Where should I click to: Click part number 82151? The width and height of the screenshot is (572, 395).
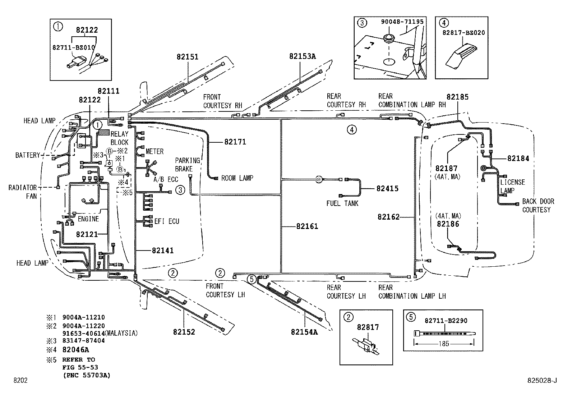click(x=187, y=57)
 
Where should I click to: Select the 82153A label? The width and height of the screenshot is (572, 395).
click(x=302, y=56)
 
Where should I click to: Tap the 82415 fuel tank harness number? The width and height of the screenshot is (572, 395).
click(x=387, y=188)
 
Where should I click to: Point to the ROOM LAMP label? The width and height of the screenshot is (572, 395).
click(x=237, y=178)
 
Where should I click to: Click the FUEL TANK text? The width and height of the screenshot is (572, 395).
click(x=342, y=203)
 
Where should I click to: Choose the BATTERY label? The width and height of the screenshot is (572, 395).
click(x=28, y=155)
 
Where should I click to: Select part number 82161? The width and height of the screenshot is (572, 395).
click(x=307, y=226)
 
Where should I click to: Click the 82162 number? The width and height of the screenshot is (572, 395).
click(x=388, y=217)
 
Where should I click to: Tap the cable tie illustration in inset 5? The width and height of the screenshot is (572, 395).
click(x=444, y=333)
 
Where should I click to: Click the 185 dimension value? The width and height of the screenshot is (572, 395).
click(x=444, y=344)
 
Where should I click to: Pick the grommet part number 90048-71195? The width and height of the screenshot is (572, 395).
click(x=402, y=22)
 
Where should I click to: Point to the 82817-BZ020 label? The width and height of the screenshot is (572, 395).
click(x=463, y=32)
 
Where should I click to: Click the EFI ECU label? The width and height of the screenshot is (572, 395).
click(x=167, y=221)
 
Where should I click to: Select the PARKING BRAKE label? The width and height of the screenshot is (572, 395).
click(x=187, y=165)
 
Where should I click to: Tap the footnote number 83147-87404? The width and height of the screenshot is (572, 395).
click(x=83, y=340)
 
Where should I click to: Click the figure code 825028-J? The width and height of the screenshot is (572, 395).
click(x=542, y=380)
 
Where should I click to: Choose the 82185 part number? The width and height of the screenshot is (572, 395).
click(x=457, y=97)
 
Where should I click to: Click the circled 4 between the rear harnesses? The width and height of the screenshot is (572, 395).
click(x=352, y=129)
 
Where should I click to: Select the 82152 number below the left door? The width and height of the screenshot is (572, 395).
click(x=184, y=332)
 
